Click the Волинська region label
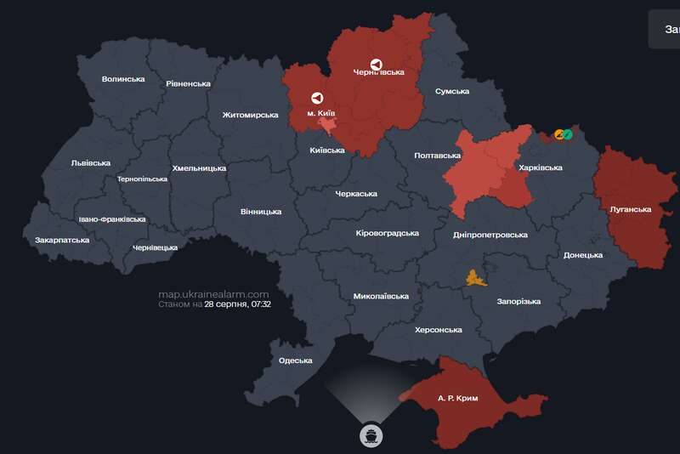[x=123, y=79]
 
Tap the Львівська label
[x=91, y=162]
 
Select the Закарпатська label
[x=62, y=241]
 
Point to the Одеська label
[x=296, y=360]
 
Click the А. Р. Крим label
[x=458, y=398]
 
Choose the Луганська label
[x=631, y=209]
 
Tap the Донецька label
[x=583, y=255]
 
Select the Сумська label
[x=453, y=91]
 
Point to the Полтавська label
[x=437, y=156]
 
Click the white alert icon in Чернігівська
[x=377, y=64]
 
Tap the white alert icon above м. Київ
[x=317, y=98]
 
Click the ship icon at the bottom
[x=371, y=435]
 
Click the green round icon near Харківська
[x=567, y=134]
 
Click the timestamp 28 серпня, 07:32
[x=237, y=304]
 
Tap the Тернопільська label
[x=143, y=179]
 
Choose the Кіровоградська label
[x=388, y=233]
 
